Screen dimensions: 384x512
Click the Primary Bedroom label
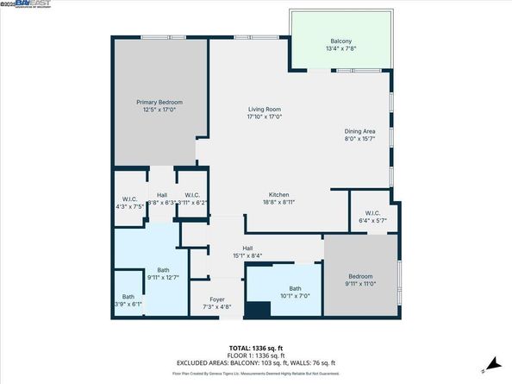(160, 103)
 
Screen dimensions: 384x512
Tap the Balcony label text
(341, 41)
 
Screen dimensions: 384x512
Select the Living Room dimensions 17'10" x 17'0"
(265, 116)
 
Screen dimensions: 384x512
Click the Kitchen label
(278, 194)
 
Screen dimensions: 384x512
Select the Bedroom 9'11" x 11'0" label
(361, 278)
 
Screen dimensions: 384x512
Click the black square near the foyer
(257, 311)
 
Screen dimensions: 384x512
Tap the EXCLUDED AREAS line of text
(256, 362)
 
